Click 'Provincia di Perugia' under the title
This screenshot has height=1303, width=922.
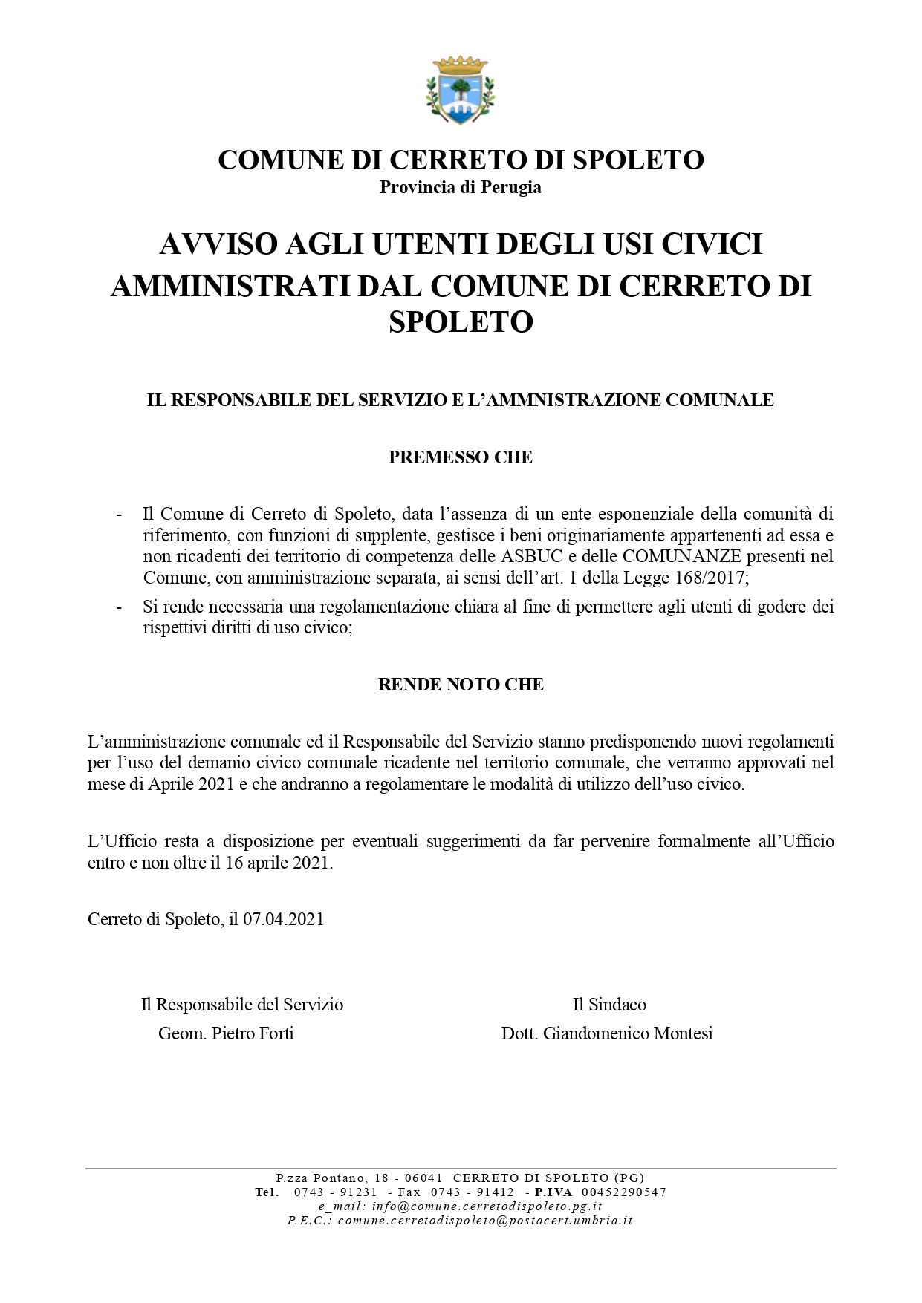click(461, 187)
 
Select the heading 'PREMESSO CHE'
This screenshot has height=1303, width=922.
click(461, 457)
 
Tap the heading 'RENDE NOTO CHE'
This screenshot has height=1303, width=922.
click(461, 685)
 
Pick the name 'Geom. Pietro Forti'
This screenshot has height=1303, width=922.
click(226, 1033)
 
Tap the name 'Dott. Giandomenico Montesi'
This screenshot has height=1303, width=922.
click(607, 1033)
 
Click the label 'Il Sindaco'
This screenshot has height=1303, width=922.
click(609, 1005)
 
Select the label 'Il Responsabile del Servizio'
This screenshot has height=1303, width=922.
click(242, 1005)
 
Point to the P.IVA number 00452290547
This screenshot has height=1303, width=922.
click(623, 1192)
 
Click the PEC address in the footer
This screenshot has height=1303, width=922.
click(485, 1221)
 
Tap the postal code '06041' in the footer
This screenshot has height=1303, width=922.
click(424, 1178)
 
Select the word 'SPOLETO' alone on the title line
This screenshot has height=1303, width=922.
click(461, 322)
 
